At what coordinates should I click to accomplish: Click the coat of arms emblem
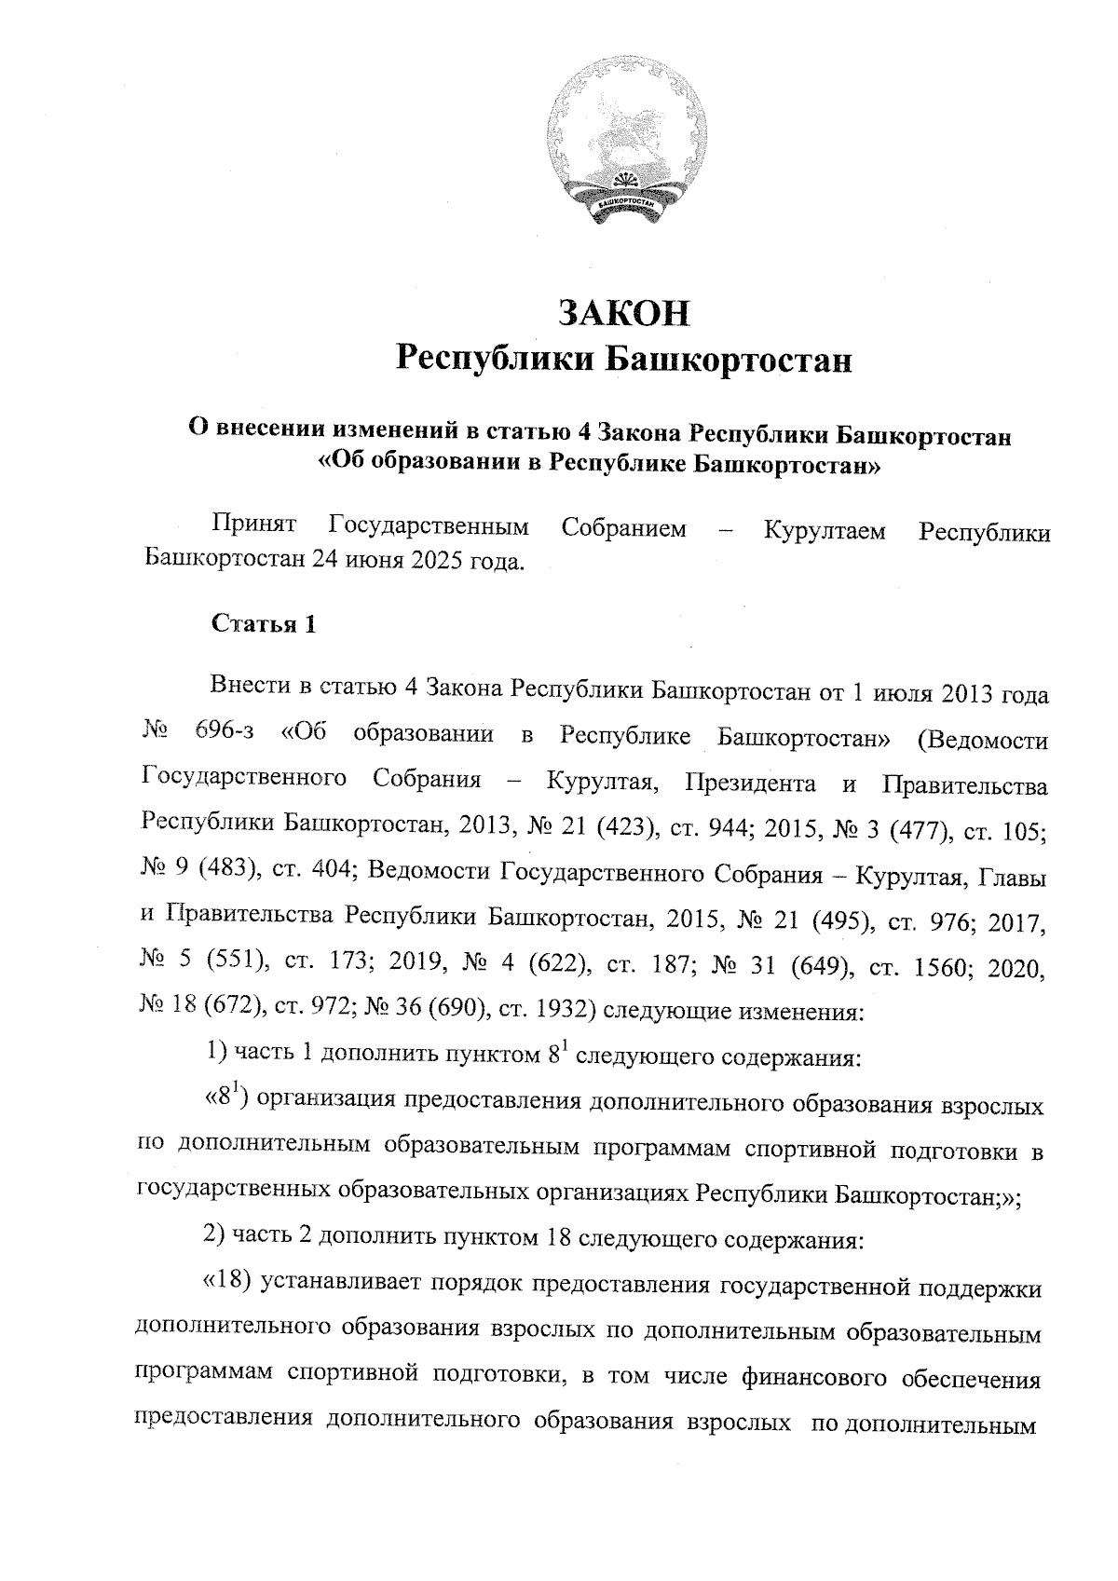[622, 150]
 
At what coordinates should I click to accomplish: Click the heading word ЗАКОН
[623, 313]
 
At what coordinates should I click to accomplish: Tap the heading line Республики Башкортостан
[623, 359]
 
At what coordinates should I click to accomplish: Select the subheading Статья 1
[264, 624]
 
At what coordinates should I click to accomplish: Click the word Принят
[254, 527]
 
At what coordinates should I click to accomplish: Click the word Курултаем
[825, 531]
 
